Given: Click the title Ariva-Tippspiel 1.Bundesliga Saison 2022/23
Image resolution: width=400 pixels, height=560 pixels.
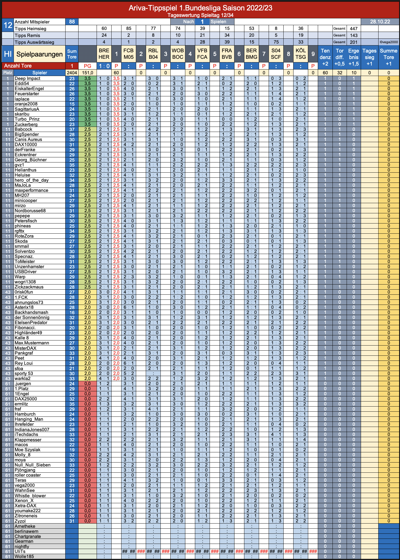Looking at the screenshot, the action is click(200, 8).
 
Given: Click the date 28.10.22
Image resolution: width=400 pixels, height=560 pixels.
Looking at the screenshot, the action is click(380, 22).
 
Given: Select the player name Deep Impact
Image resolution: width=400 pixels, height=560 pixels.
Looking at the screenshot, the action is click(27, 79).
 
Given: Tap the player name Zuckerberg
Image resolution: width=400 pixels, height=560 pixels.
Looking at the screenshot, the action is click(26, 124).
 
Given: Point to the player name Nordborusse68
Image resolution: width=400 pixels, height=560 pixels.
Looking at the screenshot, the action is click(30, 211).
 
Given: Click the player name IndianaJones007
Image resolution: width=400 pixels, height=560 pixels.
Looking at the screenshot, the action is click(32, 429).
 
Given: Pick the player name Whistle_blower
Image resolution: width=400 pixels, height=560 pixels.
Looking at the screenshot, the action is click(30, 496).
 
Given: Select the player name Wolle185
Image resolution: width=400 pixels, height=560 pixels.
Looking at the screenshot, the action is click(24, 557).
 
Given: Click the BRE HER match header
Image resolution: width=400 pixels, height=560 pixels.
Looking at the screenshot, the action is click(104, 54).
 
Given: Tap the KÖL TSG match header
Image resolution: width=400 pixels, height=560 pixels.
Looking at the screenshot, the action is click(301, 54).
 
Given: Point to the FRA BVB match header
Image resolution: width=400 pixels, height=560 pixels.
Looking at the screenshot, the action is click(227, 54).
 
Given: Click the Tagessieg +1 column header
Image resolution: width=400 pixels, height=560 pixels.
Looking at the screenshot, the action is click(369, 57).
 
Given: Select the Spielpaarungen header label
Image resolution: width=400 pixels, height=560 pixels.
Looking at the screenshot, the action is click(40, 54).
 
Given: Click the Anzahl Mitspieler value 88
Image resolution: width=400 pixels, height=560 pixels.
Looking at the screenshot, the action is click(72, 22).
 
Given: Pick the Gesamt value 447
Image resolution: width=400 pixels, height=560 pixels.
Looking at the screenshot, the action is click(354, 29).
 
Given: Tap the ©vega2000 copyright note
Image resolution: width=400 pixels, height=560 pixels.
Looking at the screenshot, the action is click(389, 42).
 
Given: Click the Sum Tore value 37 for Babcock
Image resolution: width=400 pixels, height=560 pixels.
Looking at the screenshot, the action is click(72, 129).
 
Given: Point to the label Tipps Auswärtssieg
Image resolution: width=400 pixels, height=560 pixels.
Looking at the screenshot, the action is click(34, 42).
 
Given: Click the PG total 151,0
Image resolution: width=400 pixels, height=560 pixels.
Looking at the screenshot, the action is click(88, 73).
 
